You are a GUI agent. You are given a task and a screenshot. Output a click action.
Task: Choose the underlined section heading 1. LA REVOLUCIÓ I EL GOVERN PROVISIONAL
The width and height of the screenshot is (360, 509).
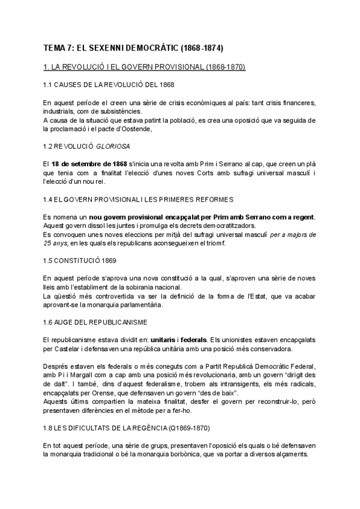[x=144, y=66]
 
